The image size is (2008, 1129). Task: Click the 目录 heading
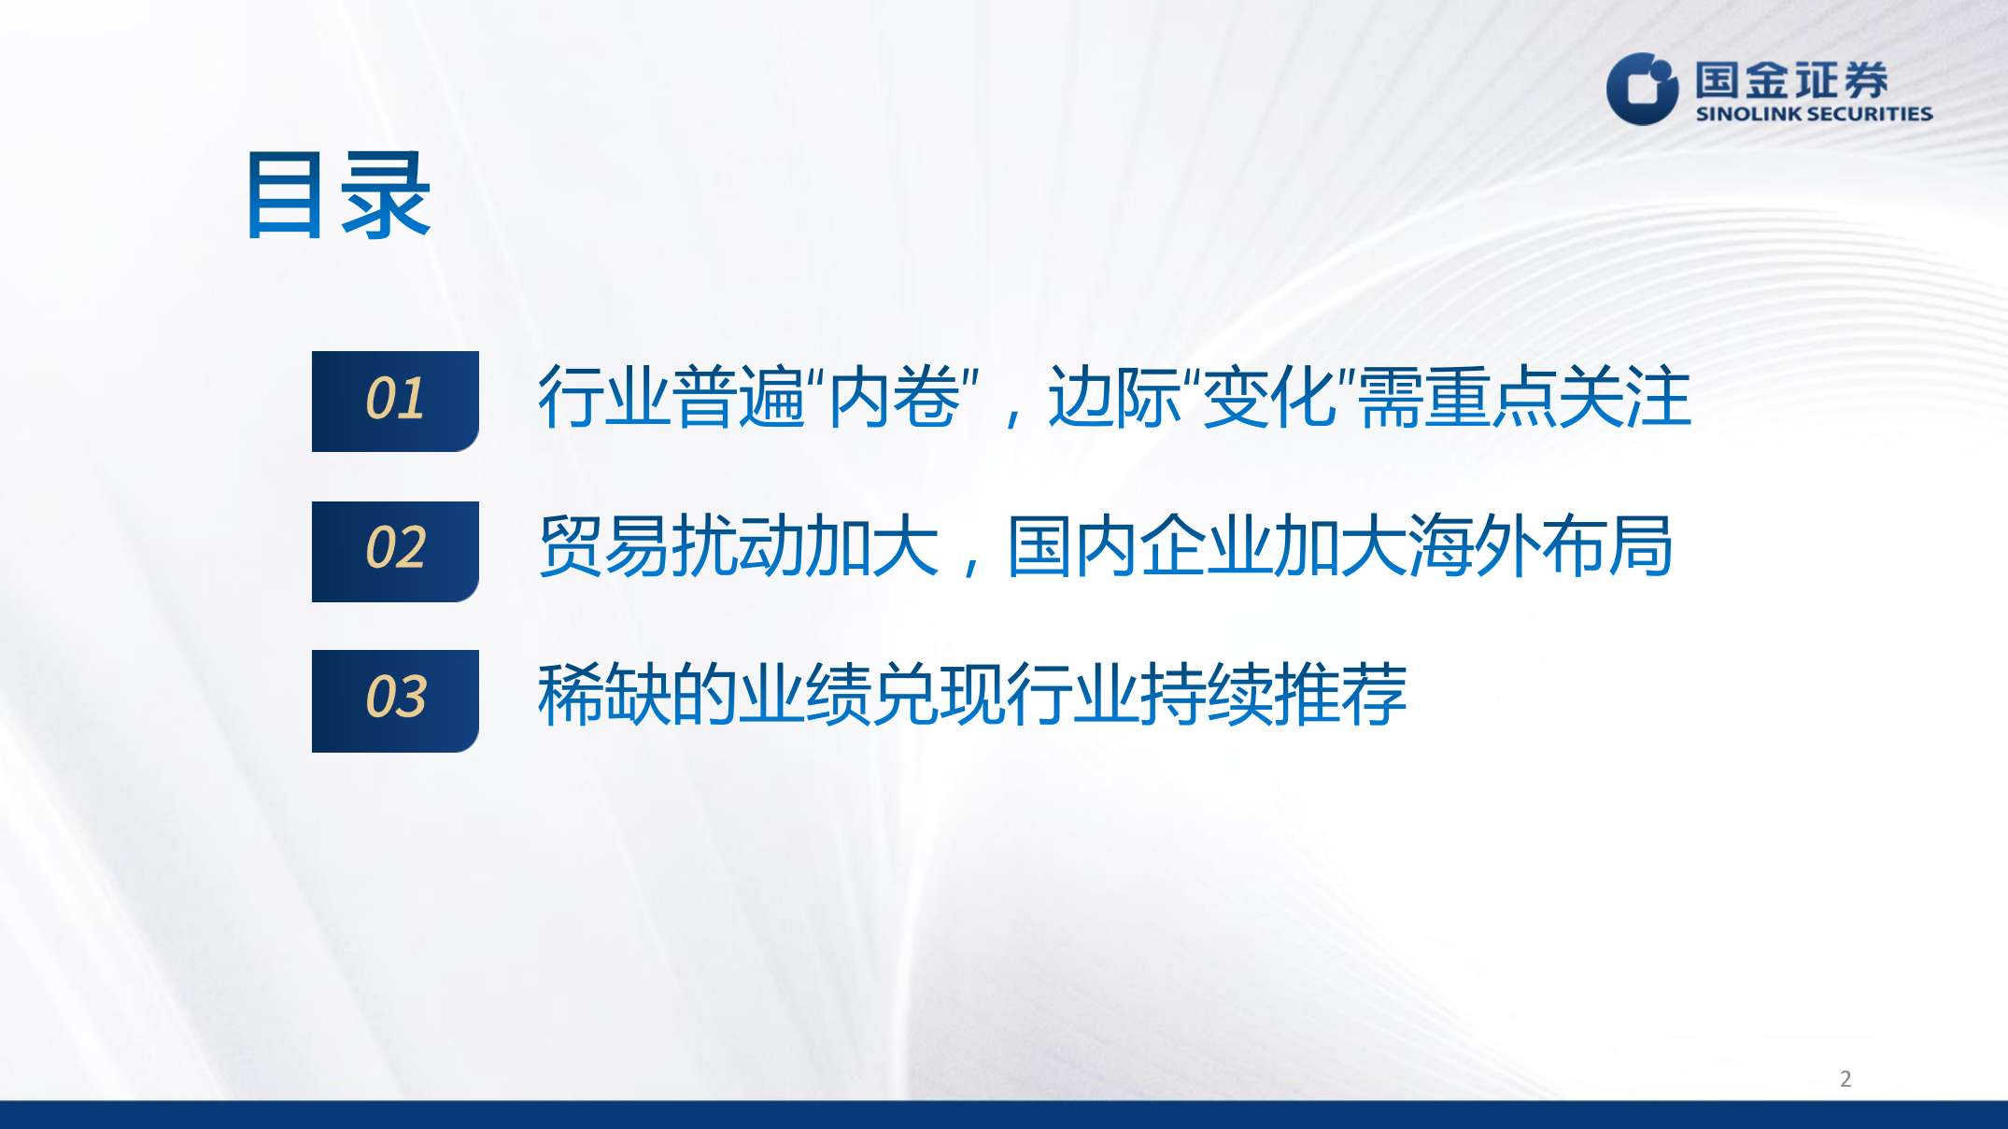pyautogui.click(x=338, y=196)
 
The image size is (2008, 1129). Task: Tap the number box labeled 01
pyautogui.click(x=395, y=402)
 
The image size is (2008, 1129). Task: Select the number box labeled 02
pyautogui.click(x=395, y=551)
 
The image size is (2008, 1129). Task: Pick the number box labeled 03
pyautogui.click(x=395, y=700)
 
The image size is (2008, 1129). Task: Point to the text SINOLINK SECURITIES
pyautogui.click(x=1814, y=114)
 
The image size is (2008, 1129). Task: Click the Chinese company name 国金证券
pyautogui.click(x=1791, y=79)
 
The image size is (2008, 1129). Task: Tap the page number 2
pyautogui.click(x=1845, y=1079)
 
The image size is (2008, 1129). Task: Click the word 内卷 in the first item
pyautogui.click(x=895, y=397)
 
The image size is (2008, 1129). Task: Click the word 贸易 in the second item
pyautogui.click(x=604, y=546)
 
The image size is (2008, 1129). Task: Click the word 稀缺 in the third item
pyautogui.click(x=604, y=696)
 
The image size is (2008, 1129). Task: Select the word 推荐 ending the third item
pyautogui.click(x=1340, y=696)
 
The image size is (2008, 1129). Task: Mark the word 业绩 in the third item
pyautogui.click(x=805, y=696)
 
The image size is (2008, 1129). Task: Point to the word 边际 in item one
pyautogui.click(x=1114, y=397)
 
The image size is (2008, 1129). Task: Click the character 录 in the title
pyautogui.click(x=386, y=196)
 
